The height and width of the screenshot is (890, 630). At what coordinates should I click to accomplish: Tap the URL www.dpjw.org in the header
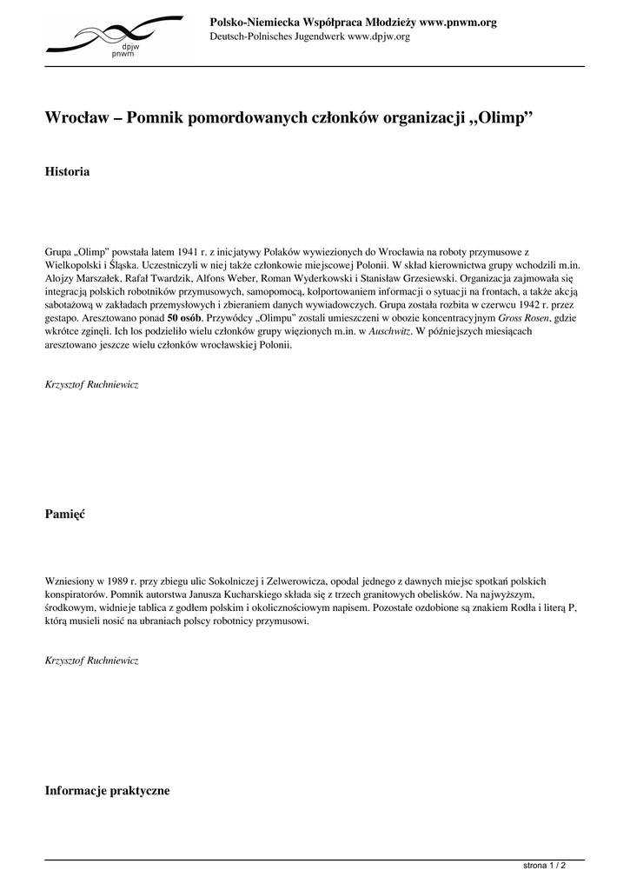(379, 37)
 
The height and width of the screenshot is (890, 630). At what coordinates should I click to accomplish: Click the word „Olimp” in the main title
(501, 117)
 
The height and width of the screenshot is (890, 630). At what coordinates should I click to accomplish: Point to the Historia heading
(67, 172)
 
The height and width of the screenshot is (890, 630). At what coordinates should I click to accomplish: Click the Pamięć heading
(65, 515)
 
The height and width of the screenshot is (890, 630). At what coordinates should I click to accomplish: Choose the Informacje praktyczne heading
(107, 791)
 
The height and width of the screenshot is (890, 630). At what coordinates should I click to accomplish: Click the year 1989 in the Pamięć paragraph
(123, 580)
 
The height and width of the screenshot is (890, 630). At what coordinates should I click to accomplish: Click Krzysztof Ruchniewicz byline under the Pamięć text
(90, 661)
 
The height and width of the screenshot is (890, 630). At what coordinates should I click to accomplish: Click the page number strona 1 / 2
(545, 867)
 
